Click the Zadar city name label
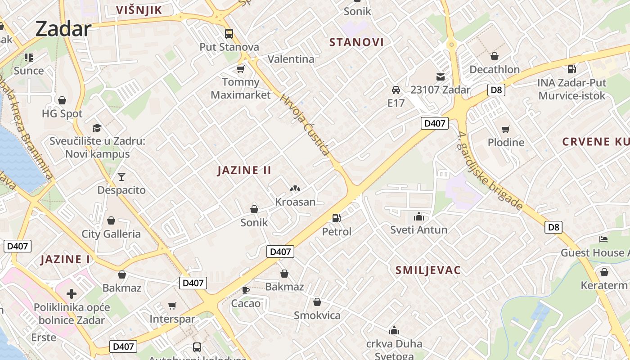pos(63,29)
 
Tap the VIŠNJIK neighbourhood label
pos(139,10)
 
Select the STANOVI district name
pos(356,42)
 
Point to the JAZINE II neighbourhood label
pos(244,170)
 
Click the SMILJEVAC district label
pos(428,270)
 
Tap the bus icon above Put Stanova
pos(229,34)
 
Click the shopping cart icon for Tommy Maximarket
pos(240,69)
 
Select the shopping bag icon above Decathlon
pos(495,56)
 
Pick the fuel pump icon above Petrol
pos(336,218)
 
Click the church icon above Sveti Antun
pos(419,216)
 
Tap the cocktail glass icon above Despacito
pos(121,176)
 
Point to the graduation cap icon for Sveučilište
pos(96,128)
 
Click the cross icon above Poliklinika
pos(71,294)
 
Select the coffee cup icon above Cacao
pos(246,290)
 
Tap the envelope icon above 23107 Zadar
pos(440,77)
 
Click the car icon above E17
pos(396,90)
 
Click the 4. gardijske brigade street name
pos(490,171)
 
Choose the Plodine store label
pos(506,143)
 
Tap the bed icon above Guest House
pos(603,239)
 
